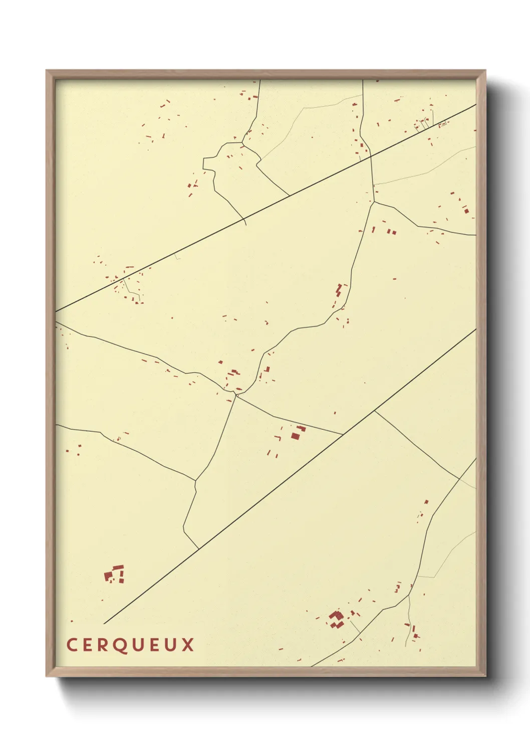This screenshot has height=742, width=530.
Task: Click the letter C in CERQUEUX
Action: click(71, 645)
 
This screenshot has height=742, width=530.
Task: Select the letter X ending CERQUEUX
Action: click(188, 645)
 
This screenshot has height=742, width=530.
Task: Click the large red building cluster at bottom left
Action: click(114, 574)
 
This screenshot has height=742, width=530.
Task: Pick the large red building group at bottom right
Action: click(336, 619)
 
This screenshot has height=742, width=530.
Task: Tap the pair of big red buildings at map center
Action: click(298, 433)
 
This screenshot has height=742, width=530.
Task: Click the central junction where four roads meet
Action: click(235, 395)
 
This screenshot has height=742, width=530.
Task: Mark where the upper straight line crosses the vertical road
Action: click(371, 156)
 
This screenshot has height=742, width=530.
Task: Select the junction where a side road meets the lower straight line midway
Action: click(375, 411)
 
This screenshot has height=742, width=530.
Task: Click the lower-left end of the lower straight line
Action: click(104, 624)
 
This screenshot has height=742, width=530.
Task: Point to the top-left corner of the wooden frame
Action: click(47, 71)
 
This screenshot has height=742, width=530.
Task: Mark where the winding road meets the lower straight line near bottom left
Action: click(199, 548)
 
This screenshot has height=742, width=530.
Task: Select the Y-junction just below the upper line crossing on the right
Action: click(374, 202)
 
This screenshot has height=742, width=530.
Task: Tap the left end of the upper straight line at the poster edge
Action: click(56, 311)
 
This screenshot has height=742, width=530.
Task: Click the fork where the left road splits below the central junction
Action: click(195, 480)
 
